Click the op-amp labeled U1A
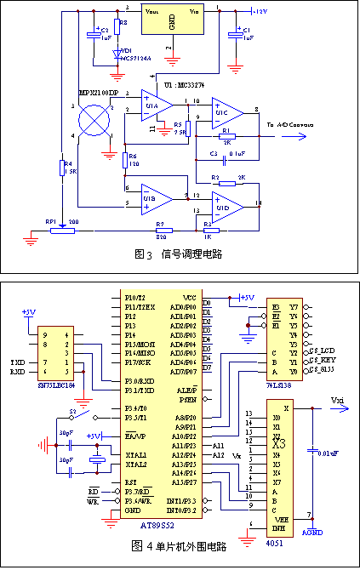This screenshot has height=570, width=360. point(154,104)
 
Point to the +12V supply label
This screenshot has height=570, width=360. point(259,11)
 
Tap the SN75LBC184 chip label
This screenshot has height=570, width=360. point(60,385)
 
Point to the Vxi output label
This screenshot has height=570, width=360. point(337,400)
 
